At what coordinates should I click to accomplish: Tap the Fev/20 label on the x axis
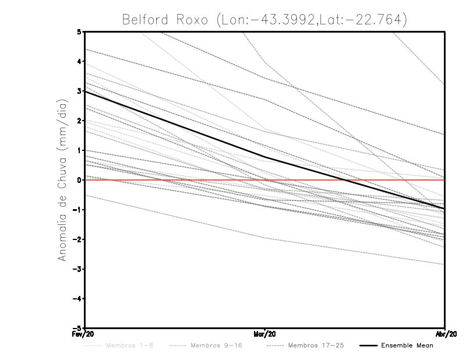pyautogui.click(x=84, y=334)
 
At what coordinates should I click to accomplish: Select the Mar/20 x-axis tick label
pyautogui.click(x=265, y=334)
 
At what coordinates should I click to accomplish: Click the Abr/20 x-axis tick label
pyautogui.click(x=445, y=334)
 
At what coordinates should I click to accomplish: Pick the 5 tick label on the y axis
pyautogui.click(x=79, y=31)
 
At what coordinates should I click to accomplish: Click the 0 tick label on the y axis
pyautogui.click(x=79, y=180)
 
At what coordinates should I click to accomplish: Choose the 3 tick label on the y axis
pyautogui.click(x=79, y=91)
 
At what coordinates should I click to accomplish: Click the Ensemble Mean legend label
pyautogui.click(x=407, y=345)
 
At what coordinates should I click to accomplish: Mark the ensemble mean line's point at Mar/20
pyautogui.click(x=265, y=157)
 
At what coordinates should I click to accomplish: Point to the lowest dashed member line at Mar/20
pyautogui.click(x=265, y=238)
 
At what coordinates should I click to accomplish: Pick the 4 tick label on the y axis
pyautogui.click(x=79, y=61)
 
